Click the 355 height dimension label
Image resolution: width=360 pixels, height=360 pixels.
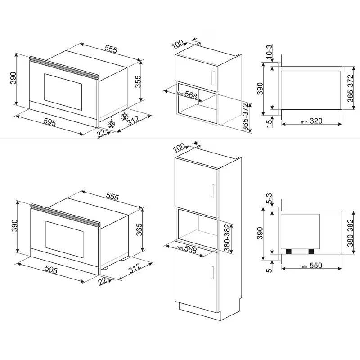138,81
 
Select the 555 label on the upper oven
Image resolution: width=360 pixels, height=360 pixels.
111,49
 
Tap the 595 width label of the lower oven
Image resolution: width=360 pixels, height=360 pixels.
51,270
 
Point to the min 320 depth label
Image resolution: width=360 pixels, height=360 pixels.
312,121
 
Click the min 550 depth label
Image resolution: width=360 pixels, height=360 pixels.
311,265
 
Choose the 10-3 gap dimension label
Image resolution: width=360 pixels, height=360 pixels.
270,51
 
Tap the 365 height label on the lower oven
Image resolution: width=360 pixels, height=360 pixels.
139,229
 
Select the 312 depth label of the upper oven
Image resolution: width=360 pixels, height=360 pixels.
134,121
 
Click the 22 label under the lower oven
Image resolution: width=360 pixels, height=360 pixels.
103,281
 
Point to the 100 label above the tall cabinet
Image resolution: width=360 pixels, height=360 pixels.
179,147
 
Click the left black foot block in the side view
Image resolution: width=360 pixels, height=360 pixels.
288,252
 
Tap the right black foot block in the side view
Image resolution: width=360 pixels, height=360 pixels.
311,252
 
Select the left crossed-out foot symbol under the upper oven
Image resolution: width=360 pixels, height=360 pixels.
111,125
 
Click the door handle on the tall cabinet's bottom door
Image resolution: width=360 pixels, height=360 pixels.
212,273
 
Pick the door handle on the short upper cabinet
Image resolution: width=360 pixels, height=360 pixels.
213,78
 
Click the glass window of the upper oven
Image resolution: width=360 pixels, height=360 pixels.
63,92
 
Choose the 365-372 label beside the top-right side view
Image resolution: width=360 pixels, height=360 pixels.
351,88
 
